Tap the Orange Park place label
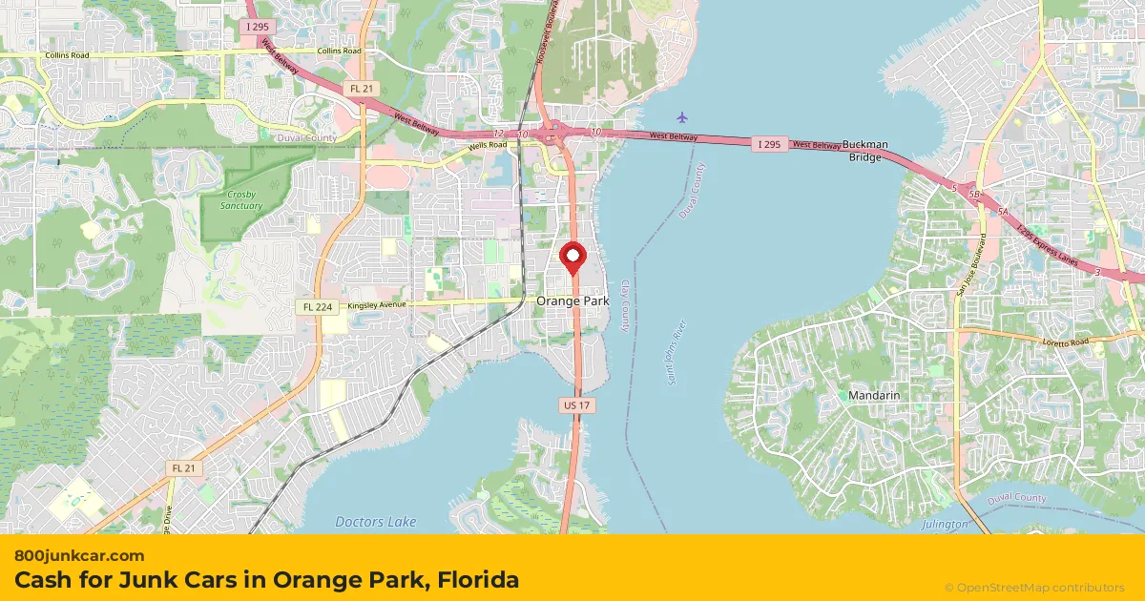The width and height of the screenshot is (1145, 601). [x=572, y=300]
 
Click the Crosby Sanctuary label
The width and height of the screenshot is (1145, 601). [x=240, y=200]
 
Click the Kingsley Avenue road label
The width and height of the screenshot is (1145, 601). [x=377, y=304]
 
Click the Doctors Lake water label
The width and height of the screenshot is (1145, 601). [x=376, y=522]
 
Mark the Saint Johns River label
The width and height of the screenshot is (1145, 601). [x=678, y=354]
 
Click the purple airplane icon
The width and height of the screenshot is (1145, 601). [x=681, y=117]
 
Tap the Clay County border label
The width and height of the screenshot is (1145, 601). [x=626, y=305]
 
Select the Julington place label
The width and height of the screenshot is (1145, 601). [x=945, y=525]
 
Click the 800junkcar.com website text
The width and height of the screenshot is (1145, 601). [x=79, y=555]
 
